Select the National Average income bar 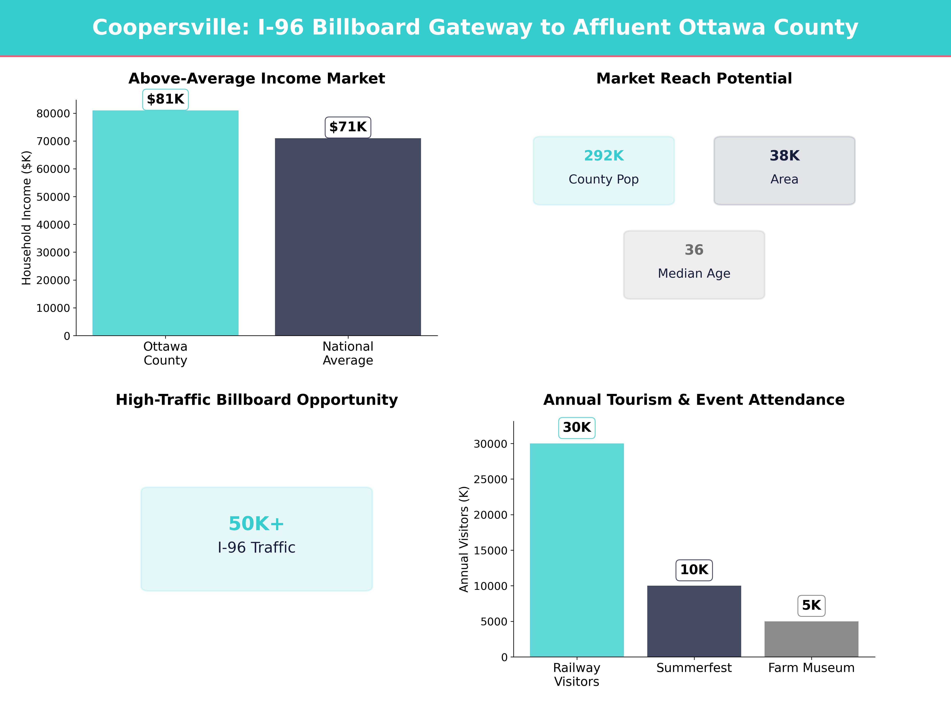click(348, 237)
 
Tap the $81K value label click(165, 99)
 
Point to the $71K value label click(348, 127)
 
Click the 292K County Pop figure click(604, 156)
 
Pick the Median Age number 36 click(694, 250)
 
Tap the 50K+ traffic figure click(257, 524)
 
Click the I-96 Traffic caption click(257, 547)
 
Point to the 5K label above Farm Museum click(811, 606)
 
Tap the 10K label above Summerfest click(694, 570)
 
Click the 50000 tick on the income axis click(53, 197)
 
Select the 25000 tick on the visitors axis click(491, 479)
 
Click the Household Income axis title click(27, 218)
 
